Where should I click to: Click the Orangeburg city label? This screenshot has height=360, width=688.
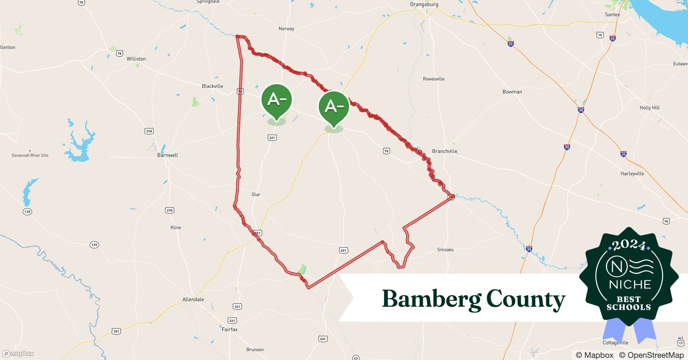pos(424,4)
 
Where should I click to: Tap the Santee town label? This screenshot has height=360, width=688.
pos(612,15)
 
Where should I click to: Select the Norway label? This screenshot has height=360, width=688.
pos(286,29)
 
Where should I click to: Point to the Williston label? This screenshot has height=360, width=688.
pos(136,59)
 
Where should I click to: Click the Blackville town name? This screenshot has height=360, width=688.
pos(213,86)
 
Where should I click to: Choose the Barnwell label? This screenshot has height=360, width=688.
pos(167,155)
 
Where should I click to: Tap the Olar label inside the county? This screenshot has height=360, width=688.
pos(256,194)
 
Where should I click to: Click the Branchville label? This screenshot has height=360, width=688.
pos(444,151)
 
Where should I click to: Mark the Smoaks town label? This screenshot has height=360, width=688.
pos(445,249)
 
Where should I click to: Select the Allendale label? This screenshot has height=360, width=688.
pos(193,300)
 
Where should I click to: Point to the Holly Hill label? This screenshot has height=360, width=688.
pos(649,108)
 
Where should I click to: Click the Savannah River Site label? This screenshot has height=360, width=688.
pos(30,156)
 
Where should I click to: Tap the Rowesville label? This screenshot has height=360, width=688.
pos(434,79)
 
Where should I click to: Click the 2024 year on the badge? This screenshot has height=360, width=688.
pos(629,245)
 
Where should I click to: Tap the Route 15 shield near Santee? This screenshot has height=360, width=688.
pos(600,35)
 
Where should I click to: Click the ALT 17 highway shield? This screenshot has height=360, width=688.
pos(680,341)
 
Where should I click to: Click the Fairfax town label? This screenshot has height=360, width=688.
pos(229,329)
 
